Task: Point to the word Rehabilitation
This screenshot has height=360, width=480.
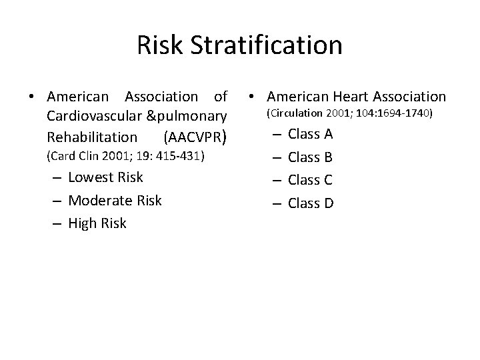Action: click(92, 137)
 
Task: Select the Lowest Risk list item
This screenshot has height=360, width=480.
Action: click(105, 177)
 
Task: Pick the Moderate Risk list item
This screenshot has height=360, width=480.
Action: click(115, 200)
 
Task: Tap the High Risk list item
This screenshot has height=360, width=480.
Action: click(97, 223)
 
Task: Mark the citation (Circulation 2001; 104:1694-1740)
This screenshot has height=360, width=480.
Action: click(349, 114)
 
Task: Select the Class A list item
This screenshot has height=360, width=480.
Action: click(310, 135)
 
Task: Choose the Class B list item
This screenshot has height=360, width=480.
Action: click(310, 158)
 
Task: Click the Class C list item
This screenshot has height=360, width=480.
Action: click(310, 180)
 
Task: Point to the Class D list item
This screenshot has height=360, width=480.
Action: click(311, 203)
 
